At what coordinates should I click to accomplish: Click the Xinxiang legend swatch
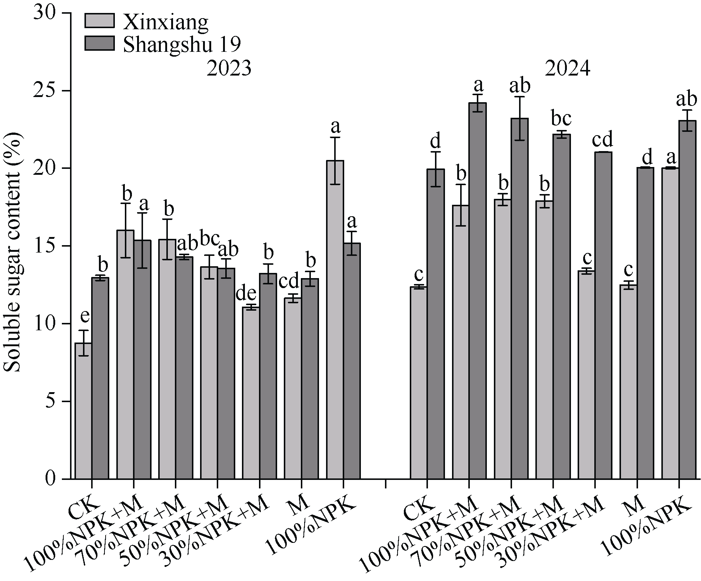99,21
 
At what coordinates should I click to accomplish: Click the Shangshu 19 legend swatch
99,43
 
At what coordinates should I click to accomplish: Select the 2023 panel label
229,69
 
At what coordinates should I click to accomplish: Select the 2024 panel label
567,69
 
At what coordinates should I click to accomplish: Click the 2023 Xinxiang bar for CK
83,411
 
